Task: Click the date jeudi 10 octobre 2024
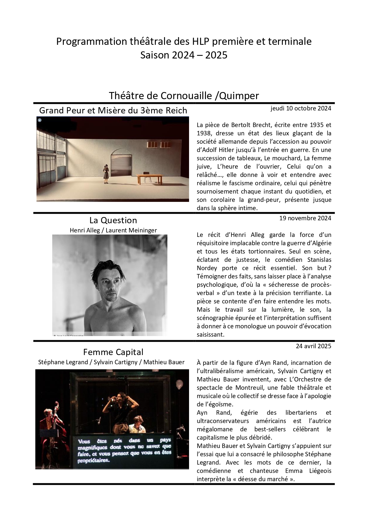coord(301,108)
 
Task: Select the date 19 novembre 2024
coord(305,218)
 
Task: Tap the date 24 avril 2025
coord(313,346)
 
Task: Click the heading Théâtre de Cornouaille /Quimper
coord(184,96)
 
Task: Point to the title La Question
coord(113,220)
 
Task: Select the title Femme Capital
coord(113,352)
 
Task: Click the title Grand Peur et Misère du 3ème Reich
coord(113,110)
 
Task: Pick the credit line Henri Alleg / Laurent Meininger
coord(113,230)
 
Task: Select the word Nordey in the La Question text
coord(207,268)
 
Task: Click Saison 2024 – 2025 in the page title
coord(184,55)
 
